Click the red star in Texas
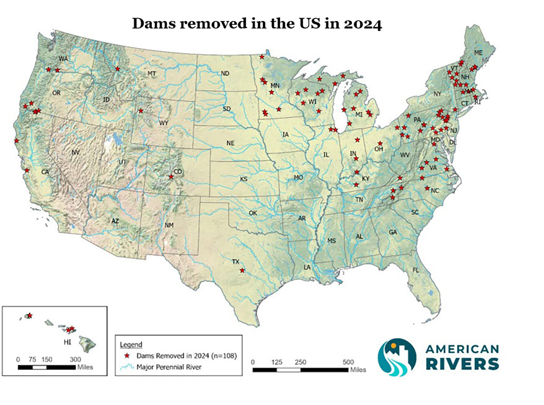click(242, 270)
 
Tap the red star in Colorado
click(171, 177)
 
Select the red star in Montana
click(118, 69)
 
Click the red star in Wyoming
click(141, 111)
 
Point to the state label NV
click(76, 152)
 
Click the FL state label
click(416, 270)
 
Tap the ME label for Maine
click(478, 53)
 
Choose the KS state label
click(244, 179)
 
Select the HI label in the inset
click(67, 342)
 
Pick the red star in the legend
click(127, 356)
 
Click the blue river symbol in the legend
click(127, 367)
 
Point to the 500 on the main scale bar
click(348, 362)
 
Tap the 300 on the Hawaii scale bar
click(75, 359)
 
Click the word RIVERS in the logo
click(462, 364)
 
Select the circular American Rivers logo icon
click(397, 357)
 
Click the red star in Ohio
click(380, 143)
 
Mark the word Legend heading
click(131, 345)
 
